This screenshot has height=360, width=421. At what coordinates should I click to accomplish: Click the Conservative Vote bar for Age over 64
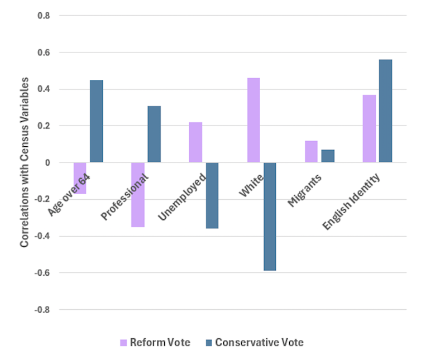pos(97,121)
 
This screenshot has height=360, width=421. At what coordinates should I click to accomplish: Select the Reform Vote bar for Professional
pos(138,195)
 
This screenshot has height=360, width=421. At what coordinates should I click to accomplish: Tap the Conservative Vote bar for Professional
pos(154,134)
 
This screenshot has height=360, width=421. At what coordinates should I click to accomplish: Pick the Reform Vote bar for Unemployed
pos(195,142)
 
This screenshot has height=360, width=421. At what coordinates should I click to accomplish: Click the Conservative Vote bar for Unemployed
pos(212,195)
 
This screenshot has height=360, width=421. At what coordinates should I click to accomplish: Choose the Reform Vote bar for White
pos(253,120)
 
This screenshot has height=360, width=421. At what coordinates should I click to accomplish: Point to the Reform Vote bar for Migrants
pos(311,151)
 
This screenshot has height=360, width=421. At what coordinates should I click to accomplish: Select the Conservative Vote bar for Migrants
pos(328,156)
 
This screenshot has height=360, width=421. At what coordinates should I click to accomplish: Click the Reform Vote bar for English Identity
pos(369,128)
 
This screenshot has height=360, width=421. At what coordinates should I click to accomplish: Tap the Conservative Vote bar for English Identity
pos(385,111)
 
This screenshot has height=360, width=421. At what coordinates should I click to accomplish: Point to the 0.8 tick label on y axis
pos(44,16)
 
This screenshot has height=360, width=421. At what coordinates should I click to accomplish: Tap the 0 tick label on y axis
pos(47,162)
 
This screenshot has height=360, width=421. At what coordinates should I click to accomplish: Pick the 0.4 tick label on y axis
pos(44,89)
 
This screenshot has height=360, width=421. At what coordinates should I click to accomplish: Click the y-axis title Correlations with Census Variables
pos(25,162)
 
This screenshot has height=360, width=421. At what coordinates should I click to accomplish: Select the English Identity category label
pos(352,201)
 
